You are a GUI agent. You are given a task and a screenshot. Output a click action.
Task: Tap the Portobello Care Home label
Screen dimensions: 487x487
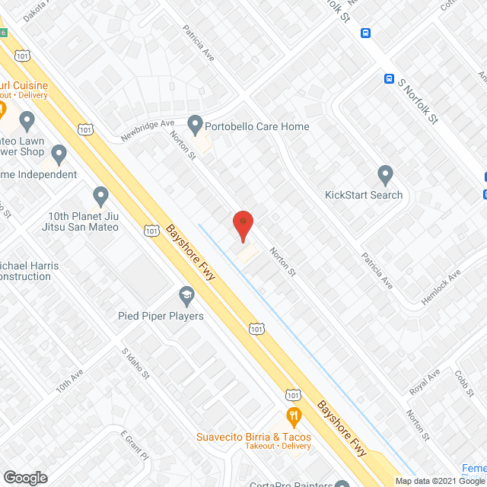point(259,126)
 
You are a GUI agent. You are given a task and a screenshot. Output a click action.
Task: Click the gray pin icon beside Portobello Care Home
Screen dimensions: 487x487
point(196,123)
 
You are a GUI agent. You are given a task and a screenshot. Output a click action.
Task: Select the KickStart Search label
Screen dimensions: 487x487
point(364,195)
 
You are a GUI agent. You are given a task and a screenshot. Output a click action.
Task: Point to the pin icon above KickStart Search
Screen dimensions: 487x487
point(385,175)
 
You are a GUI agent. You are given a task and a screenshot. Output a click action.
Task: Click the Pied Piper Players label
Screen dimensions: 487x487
point(161,315)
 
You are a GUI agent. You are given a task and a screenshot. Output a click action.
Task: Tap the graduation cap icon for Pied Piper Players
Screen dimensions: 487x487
point(186,294)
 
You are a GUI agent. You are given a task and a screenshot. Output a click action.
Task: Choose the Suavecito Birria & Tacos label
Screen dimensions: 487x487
point(254,436)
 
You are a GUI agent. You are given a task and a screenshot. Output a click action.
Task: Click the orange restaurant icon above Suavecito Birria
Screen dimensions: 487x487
point(294,416)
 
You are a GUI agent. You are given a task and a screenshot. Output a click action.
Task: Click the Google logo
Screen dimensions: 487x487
point(25,477)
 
